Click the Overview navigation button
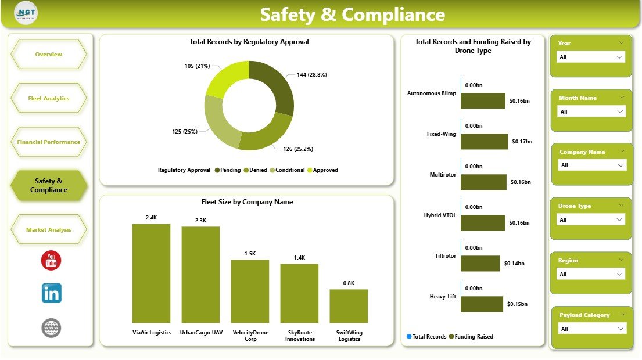(49, 55)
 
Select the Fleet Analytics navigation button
(49, 98)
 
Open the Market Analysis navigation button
(49, 229)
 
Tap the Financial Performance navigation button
(49, 142)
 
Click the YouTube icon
(51, 260)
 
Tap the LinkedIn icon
(51, 293)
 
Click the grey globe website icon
(51, 328)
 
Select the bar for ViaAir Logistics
(151, 273)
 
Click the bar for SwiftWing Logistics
(349, 306)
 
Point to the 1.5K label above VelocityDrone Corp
(250, 253)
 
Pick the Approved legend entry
(322, 170)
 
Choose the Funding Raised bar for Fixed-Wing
(484, 141)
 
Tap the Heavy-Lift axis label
(443, 297)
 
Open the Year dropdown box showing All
(590, 57)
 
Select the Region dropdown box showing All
(590, 274)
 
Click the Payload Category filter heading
(584, 315)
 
